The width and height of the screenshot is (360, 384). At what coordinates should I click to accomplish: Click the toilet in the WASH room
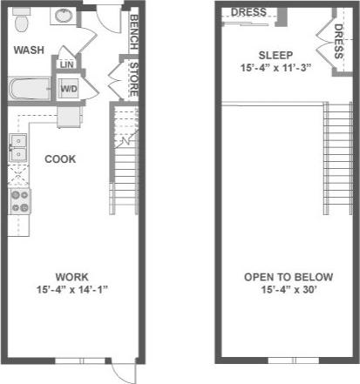coord(24,17)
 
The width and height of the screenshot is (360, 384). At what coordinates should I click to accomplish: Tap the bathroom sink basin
coord(64,16)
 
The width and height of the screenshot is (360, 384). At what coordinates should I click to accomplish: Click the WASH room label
coord(29,50)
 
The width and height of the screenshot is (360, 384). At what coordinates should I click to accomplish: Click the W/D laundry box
coord(68,88)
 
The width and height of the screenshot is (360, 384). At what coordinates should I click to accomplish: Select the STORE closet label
coord(133,77)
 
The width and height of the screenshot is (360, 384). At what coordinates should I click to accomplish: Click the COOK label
coord(59,159)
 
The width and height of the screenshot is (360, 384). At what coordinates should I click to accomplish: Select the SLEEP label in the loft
coord(275,54)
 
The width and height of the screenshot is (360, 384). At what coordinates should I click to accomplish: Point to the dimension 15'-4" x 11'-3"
coord(275,67)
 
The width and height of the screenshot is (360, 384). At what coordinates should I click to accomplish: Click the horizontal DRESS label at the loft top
coord(248,12)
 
